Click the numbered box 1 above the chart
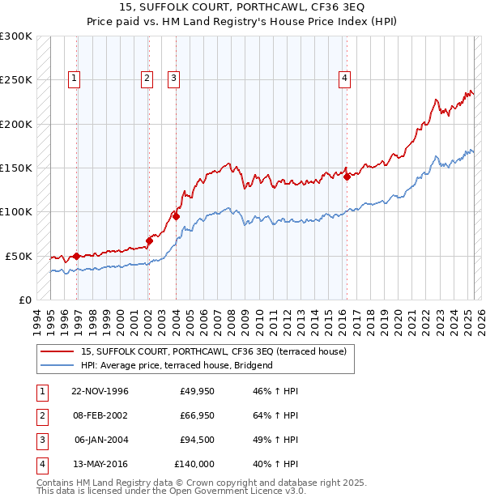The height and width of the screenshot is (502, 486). pos(74,79)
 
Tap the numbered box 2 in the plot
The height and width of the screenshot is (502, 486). pos(147,79)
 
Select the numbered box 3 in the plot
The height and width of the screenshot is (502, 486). pos(173,79)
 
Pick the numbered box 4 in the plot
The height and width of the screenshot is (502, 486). pos(344,79)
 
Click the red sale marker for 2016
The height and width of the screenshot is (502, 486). pos(347,177)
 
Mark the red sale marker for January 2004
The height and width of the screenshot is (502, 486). pos(176,216)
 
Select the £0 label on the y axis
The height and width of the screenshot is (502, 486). pos(23,300)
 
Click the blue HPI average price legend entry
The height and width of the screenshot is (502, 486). pos(177,365)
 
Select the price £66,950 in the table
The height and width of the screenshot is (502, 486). pos(194,415)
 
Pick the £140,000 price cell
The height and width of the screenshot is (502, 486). pos(194,464)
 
